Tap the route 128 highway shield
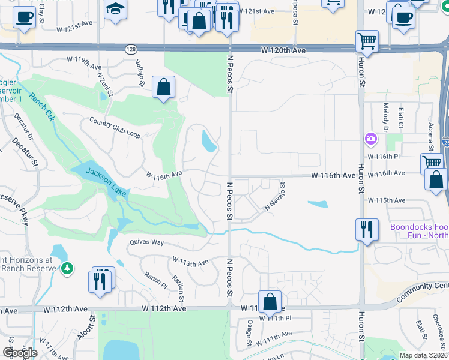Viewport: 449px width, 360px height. pyautogui.click(x=131, y=49)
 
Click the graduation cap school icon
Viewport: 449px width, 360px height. pyautogui.click(x=115, y=9)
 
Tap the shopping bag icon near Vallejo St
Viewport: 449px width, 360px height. pyautogui.click(x=163, y=88)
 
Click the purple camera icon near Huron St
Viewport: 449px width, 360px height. pyautogui.click(x=370, y=139)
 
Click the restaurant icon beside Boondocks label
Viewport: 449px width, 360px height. pyautogui.click(x=366, y=230)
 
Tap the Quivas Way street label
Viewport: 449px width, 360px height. pyautogui.click(x=146, y=242)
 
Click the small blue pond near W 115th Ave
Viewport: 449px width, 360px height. pyautogui.click(x=318, y=204)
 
